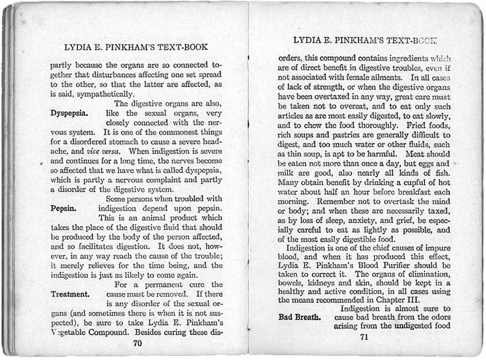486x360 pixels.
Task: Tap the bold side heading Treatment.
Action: point(71,294)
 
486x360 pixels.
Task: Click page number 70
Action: point(137,343)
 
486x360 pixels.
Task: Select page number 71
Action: point(364,337)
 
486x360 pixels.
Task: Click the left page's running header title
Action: point(136,47)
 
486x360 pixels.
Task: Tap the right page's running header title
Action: point(364,40)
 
